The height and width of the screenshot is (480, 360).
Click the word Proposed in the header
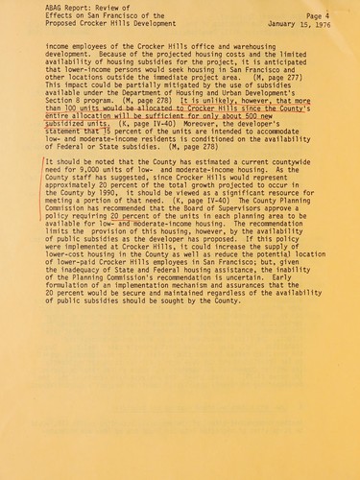pos(63,25)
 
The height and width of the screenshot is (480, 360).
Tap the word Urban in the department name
pos(243,113)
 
